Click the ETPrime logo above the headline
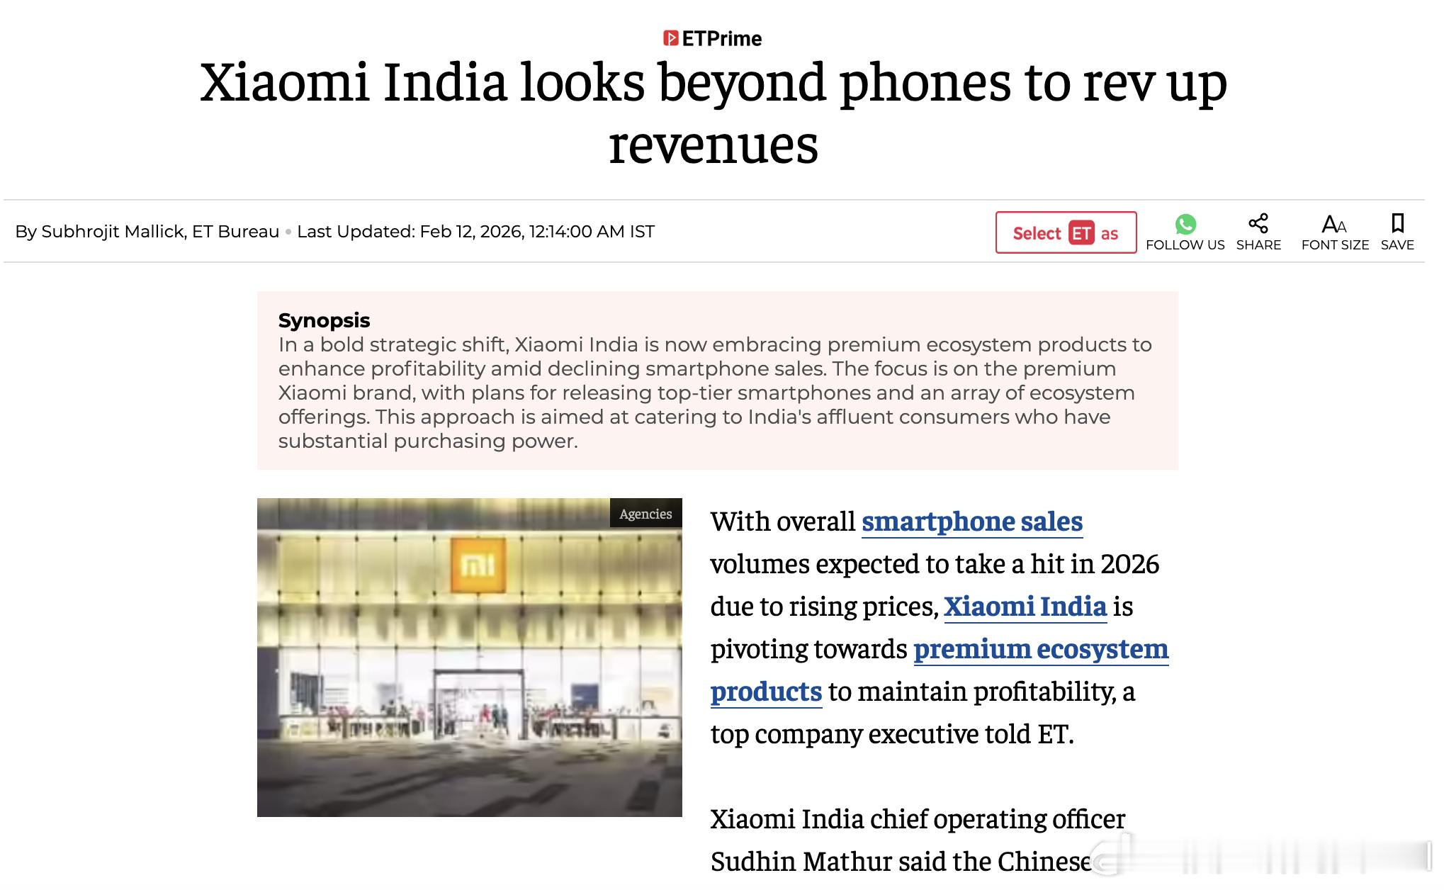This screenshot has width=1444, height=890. point(713,38)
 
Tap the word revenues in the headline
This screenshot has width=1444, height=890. point(713,145)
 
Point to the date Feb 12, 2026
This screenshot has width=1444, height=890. point(470,232)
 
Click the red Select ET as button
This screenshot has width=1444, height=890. point(1066,232)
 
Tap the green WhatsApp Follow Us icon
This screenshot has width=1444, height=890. point(1185,225)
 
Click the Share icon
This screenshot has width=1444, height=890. point(1258,224)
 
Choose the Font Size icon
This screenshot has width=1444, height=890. point(1334,225)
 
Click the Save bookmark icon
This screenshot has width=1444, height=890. point(1397,224)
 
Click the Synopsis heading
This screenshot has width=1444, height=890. point(324,320)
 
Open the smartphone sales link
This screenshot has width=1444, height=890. point(971,522)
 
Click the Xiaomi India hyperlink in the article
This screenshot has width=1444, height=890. point(1025,607)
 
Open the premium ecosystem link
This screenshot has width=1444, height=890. point(1040,649)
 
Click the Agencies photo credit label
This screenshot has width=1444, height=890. point(645,514)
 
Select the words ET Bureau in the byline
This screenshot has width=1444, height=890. point(235,232)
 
